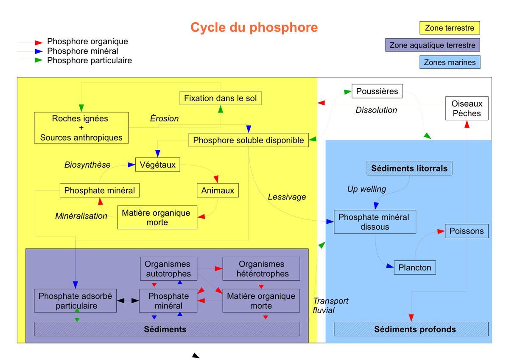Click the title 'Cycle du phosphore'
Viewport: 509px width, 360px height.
point(254,27)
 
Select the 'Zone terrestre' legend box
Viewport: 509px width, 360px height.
point(450,28)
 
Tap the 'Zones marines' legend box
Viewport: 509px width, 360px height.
point(450,62)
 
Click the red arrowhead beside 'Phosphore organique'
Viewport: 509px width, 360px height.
point(39,42)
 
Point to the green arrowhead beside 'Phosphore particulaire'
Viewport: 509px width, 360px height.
point(39,60)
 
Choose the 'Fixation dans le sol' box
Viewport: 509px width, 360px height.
point(220,98)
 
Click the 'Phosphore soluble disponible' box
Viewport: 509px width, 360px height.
point(249,140)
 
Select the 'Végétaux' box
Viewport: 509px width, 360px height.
point(157,165)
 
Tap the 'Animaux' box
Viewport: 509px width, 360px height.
point(218,191)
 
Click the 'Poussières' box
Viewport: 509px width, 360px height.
point(377,91)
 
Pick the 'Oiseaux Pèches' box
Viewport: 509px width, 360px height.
point(467,109)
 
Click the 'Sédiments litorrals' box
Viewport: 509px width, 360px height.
point(409,169)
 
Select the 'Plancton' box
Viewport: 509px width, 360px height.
point(414,268)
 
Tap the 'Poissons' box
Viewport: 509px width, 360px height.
point(467,231)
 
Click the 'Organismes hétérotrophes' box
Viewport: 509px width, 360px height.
point(261,269)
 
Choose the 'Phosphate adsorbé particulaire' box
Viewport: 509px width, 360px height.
point(75,301)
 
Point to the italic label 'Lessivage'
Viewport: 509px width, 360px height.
point(287,197)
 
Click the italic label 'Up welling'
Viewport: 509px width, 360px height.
point(366,189)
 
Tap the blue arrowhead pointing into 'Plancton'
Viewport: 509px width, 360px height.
point(390,267)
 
